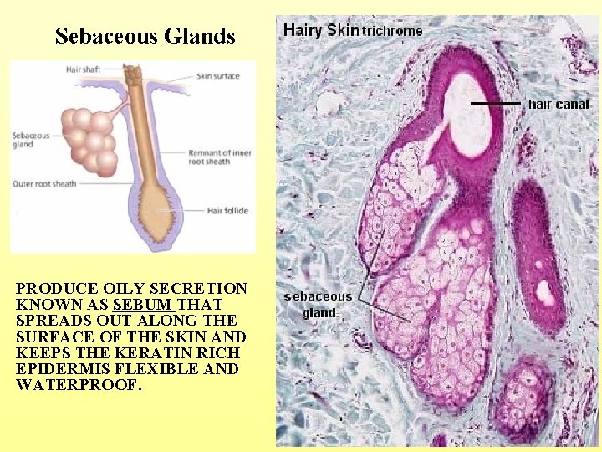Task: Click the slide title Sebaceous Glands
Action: [145, 37]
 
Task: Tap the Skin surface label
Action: [217, 76]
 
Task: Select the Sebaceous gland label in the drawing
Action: [31, 139]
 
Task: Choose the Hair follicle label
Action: [227, 211]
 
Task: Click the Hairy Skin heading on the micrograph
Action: [321, 30]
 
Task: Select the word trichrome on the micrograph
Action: [391, 31]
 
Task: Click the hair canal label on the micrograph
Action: [559, 105]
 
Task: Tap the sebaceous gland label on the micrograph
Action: [318, 305]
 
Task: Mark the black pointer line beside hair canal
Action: [497, 103]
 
